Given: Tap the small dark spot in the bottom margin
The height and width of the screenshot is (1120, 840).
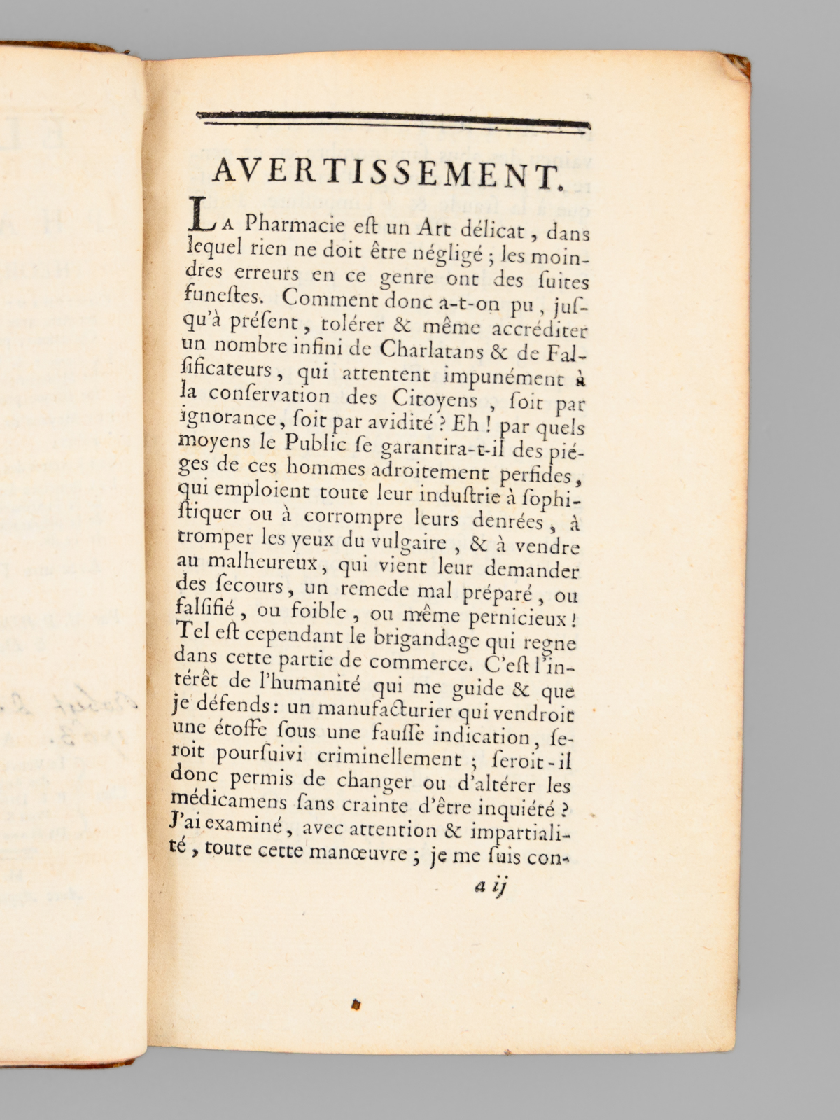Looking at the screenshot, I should (356, 1005).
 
